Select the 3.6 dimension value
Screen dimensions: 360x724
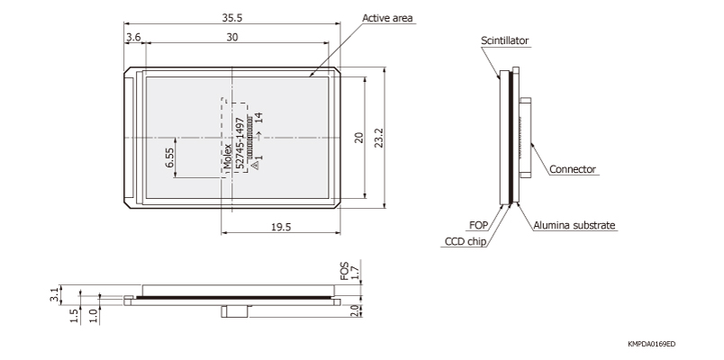(x=133, y=37)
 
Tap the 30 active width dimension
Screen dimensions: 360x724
(x=233, y=37)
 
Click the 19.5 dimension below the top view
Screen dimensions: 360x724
(x=280, y=227)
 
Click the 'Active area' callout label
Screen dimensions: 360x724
(x=388, y=18)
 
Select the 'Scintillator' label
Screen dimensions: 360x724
(x=504, y=40)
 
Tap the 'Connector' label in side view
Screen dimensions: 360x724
(x=572, y=169)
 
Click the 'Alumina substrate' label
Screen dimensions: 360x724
(x=575, y=226)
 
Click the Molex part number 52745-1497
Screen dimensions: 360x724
(x=240, y=144)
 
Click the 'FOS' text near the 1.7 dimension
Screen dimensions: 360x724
(x=343, y=271)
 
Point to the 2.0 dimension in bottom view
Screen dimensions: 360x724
(x=357, y=310)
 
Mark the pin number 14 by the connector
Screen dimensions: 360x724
(x=258, y=117)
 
